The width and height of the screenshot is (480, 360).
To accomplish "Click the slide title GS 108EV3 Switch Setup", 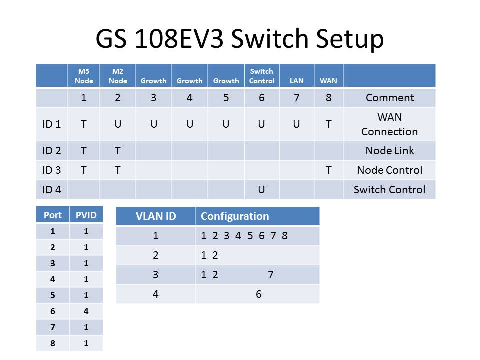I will pyautogui.click(x=240, y=38).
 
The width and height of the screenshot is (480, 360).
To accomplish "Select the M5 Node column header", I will pyautogui.click(x=84, y=76).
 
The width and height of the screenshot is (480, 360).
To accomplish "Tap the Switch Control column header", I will pyautogui.click(x=262, y=76).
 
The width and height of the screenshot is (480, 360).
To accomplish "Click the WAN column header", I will pyautogui.click(x=328, y=80).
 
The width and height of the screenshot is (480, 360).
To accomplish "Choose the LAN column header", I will pyautogui.click(x=296, y=80).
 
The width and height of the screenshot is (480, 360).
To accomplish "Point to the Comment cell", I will pyautogui.click(x=390, y=98).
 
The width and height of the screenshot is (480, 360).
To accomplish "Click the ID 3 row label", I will pyautogui.click(x=52, y=170).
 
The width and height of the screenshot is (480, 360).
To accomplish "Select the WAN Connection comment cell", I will pyautogui.click(x=390, y=124).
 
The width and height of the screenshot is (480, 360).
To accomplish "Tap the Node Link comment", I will pyautogui.click(x=390, y=151).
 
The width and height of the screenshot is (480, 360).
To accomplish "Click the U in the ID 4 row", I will pyautogui.click(x=261, y=190).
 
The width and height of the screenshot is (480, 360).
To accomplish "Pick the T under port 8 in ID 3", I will pyautogui.click(x=328, y=170).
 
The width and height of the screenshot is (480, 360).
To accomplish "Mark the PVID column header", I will pyautogui.click(x=86, y=215).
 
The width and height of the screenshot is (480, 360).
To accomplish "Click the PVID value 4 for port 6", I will pyautogui.click(x=86, y=311).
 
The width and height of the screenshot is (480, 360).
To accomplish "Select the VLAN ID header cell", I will pyautogui.click(x=156, y=216).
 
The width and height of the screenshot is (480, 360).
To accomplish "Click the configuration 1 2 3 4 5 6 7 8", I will pyautogui.click(x=244, y=236).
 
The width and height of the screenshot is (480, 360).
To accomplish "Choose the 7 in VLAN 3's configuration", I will pyautogui.click(x=271, y=275).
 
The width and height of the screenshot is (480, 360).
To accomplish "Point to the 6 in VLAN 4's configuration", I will pyautogui.click(x=259, y=294).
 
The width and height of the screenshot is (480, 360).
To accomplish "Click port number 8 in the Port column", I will pyautogui.click(x=52, y=343).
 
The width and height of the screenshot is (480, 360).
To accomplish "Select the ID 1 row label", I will pyautogui.click(x=52, y=124).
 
